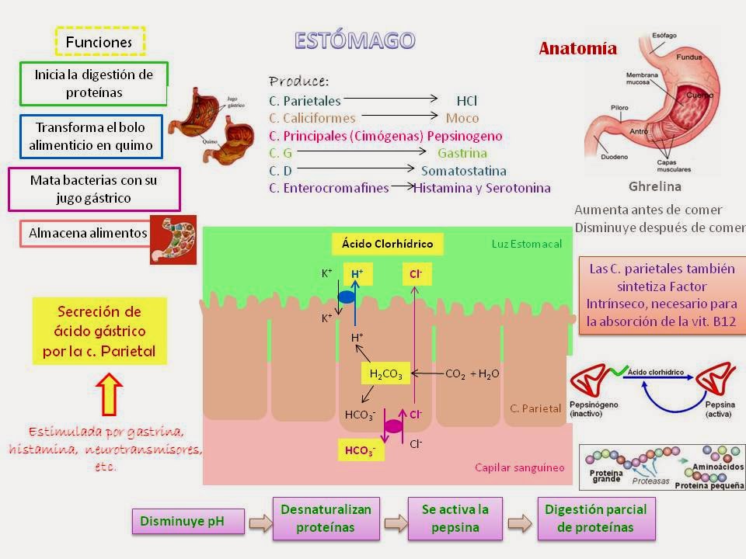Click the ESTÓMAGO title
tap(354, 40)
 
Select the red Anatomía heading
tap(578, 48)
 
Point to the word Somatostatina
tap(463, 171)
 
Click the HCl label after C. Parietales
tap(466, 101)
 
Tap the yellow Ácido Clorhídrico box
tap(388, 245)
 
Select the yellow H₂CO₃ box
tap(385, 373)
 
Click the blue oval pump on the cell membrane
tap(347, 296)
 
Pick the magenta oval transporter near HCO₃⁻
tap(394, 425)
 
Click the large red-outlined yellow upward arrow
tap(109, 395)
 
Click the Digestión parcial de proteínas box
tap(596, 518)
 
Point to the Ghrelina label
tap(654, 186)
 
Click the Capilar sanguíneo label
tap(519, 467)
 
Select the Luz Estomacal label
tap(526, 245)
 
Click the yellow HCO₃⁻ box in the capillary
tap(360, 450)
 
